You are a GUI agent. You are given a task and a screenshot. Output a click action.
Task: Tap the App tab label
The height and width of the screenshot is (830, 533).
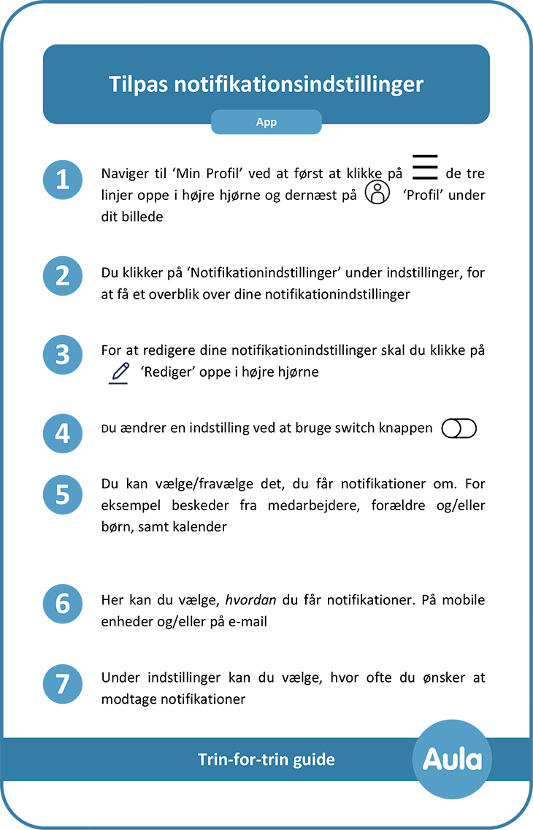[x=266, y=123]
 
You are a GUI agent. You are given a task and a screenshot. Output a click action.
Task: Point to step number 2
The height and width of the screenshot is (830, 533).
[x=64, y=277]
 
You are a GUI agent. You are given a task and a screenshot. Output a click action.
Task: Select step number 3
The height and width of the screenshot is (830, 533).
[x=64, y=356]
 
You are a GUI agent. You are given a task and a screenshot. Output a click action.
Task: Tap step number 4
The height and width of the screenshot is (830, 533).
[x=64, y=434]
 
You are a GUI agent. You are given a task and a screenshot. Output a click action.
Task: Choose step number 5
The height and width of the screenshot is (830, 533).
[x=64, y=495]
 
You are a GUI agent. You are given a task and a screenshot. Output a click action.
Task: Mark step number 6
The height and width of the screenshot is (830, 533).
[x=64, y=604]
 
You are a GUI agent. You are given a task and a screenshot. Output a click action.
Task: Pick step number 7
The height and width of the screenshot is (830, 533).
[x=64, y=685]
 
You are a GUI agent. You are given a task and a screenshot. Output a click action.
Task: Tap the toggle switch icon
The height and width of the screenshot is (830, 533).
[x=458, y=429]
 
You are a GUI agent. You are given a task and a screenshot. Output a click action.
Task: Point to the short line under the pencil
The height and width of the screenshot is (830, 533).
[x=118, y=383]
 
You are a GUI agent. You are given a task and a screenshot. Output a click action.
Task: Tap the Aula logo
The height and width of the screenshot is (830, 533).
[x=453, y=760]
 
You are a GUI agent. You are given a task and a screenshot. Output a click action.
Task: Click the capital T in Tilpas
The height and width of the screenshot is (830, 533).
[x=114, y=84]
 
